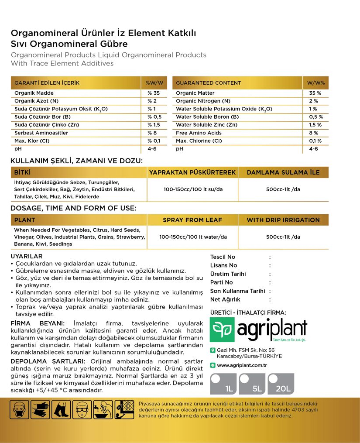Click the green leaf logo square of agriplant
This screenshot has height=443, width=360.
222,330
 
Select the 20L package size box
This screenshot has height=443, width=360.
281,384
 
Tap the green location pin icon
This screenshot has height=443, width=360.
213,350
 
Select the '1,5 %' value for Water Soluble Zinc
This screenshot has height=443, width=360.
315,125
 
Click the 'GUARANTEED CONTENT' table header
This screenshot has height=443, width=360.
209,83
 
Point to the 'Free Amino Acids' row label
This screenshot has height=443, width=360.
199,133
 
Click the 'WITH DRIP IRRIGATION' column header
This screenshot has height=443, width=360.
283,220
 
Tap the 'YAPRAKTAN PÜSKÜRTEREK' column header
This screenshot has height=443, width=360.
192,172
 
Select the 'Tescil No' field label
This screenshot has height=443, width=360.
223,257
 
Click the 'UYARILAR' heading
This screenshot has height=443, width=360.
26,256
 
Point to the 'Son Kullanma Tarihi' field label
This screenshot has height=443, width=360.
237,291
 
